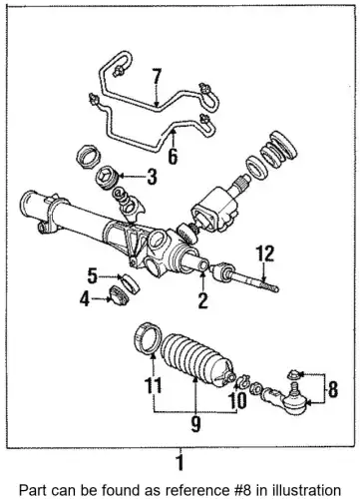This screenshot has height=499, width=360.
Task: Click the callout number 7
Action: [157, 77]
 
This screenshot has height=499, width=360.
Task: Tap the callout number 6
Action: [173, 156]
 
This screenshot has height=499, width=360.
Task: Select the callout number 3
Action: [152, 177]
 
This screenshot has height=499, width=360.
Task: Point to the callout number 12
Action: [265, 253]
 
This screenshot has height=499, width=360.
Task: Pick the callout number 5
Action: [93, 275]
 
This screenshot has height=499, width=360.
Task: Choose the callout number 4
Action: [85, 299]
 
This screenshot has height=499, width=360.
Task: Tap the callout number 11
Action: [153, 385]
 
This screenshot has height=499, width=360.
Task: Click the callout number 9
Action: [195, 423]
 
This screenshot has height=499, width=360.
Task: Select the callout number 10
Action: [237, 400]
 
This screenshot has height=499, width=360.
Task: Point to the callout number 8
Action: [333, 389]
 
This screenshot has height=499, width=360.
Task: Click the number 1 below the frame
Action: [180, 463]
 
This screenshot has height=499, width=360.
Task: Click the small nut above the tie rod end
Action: [292, 374]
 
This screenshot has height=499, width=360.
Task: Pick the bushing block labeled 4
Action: [119, 295]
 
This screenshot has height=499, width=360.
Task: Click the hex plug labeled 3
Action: [107, 178]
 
